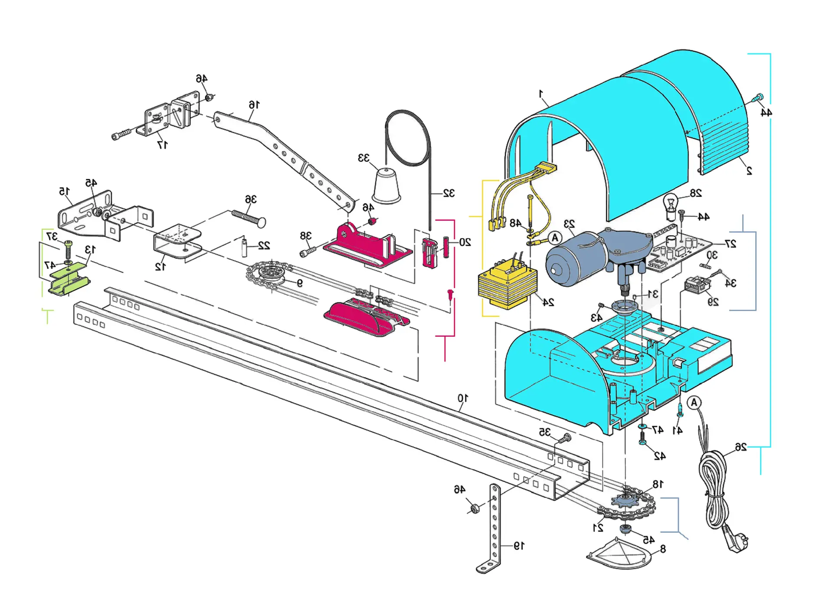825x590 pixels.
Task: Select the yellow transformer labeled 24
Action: (507, 286)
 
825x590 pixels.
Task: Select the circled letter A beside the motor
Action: (555, 238)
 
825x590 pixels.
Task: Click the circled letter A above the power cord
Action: (694, 403)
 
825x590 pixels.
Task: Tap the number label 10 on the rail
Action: (463, 398)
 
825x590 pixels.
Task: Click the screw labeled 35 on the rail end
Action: (564, 438)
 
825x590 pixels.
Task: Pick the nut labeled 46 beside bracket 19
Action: (474, 508)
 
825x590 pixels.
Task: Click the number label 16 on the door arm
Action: (254, 105)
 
